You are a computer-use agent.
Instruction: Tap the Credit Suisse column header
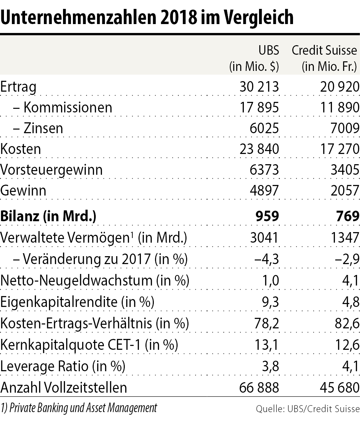click(324, 50)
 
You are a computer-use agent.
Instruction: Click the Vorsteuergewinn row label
click(51, 170)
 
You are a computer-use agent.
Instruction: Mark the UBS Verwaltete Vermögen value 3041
click(264, 237)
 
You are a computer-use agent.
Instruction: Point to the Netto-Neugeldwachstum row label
click(95, 281)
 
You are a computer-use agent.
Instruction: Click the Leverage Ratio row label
click(63, 366)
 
